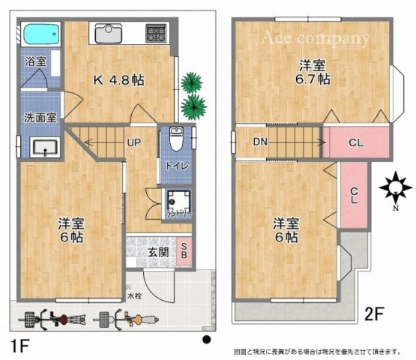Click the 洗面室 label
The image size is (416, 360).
tap(40, 118)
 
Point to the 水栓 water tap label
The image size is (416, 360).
tap(133, 296)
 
